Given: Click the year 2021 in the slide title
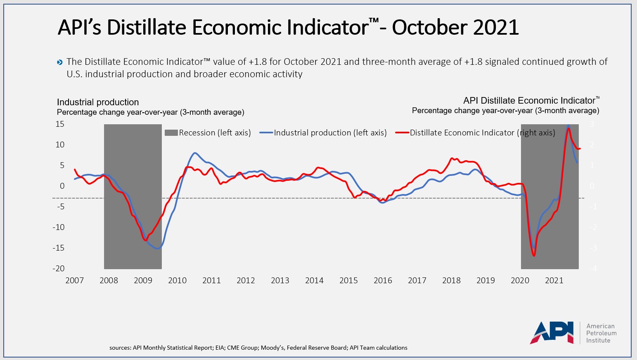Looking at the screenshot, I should [x=496, y=27].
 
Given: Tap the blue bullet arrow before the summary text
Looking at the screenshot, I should [x=60, y=62].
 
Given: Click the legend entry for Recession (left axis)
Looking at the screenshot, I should [x=208, y=133].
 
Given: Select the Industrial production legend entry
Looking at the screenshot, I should [x=323, y=133].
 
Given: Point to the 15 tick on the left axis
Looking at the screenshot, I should [x=60, y=124].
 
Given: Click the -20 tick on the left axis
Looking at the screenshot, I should [x=59, y=268].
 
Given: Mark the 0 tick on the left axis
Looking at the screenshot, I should [x=62, y=186].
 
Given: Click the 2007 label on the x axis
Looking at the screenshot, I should [x=75, y=281].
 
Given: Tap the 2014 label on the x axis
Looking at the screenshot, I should [x=314, y=281].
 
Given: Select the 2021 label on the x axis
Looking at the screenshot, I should [x=554, y=281].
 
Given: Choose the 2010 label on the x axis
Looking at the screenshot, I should [x=177, y=281].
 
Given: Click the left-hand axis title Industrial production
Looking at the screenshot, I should [x=98, y=102].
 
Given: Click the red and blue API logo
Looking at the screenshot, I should [x=552, y=332].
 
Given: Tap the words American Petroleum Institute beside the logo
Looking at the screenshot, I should [x=601, y=333].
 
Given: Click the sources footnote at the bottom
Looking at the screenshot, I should [x=258, y=348].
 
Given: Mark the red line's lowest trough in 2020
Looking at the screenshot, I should [x=534, y=256].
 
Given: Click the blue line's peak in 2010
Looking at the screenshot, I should [x=195, y=153].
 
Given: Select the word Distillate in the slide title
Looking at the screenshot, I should [x=147, y=27].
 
